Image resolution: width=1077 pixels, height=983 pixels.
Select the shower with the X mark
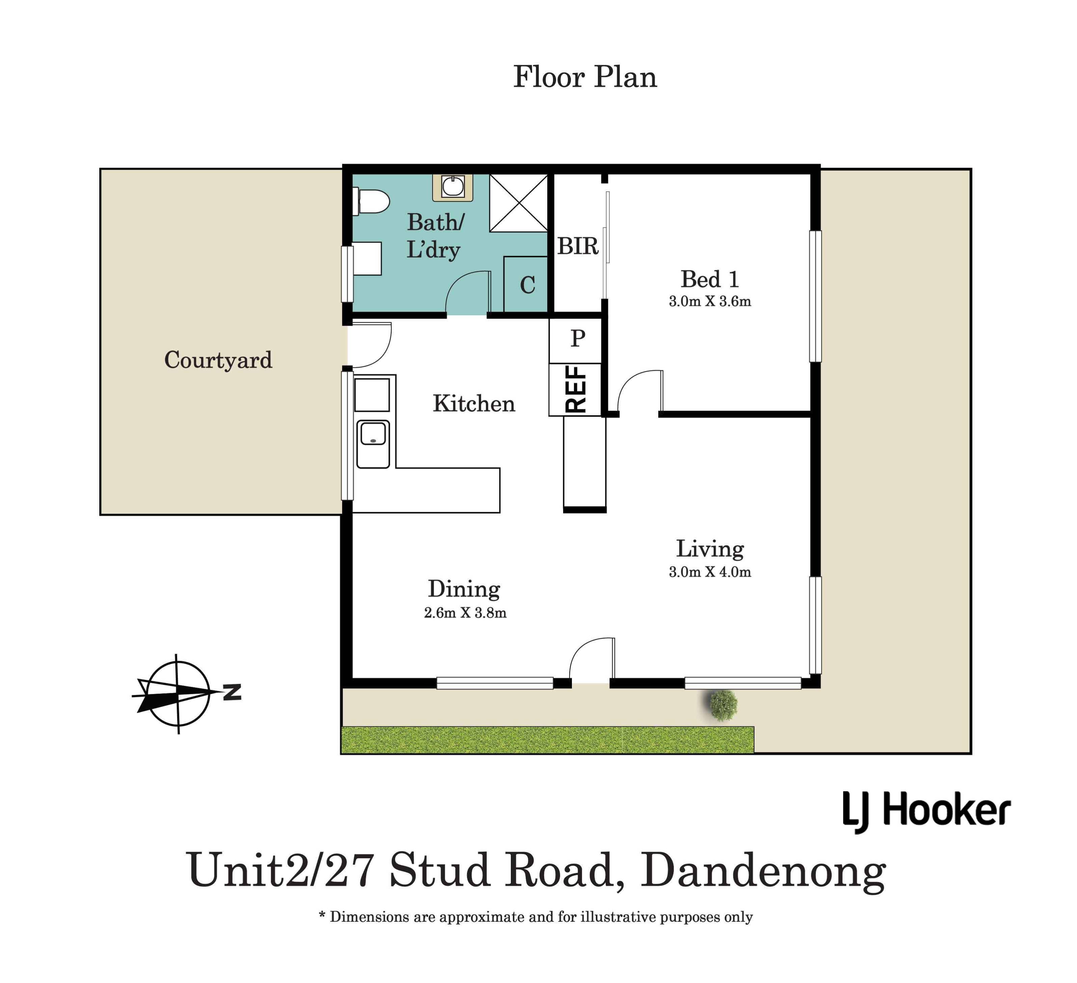tap(519, 203)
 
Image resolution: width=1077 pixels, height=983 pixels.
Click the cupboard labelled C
tap(526, 284)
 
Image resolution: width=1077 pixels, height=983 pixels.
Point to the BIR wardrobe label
tap(578, 246)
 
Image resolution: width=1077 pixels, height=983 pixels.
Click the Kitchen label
tap(474, 404)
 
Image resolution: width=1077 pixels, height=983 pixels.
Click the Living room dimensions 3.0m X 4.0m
tap(710, 572)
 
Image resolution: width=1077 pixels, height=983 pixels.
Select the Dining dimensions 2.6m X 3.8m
tap(465, 613)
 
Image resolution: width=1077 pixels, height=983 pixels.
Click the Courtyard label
tap(218, 360)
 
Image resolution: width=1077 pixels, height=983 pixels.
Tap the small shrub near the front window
tap(724, 705)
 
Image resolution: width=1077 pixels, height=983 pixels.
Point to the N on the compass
tap(232, 692)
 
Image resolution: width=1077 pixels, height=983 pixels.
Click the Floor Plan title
tap(585, 77)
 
